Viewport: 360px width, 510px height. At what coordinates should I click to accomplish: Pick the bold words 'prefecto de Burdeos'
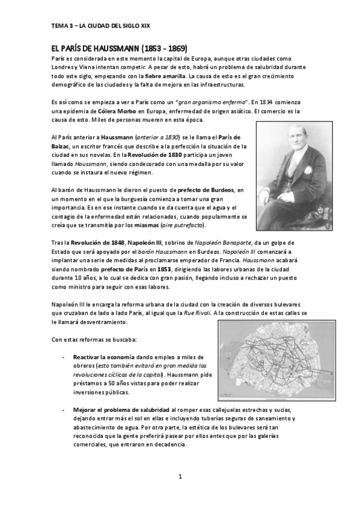point(205,190)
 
